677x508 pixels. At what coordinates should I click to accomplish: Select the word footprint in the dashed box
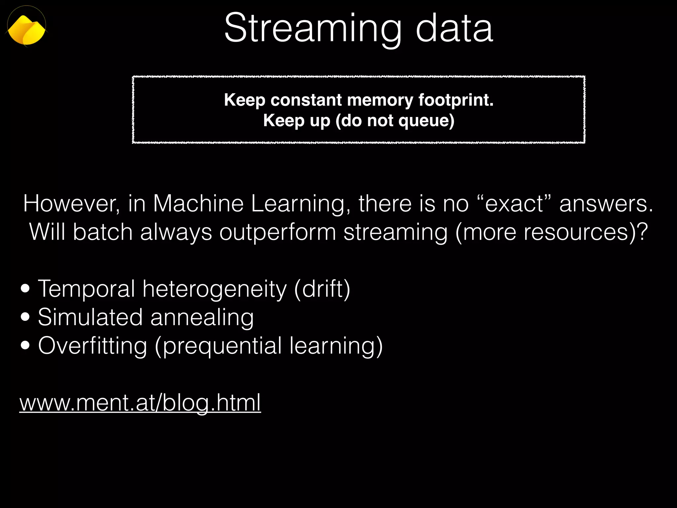click(456, 100)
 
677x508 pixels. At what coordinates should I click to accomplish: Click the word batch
click(103, 232)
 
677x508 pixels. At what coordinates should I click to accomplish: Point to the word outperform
click(278, 232)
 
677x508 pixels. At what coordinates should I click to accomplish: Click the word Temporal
click(87, 289)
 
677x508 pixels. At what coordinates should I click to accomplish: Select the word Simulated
click(90, 317)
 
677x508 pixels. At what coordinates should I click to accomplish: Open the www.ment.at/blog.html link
click(140, 402)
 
